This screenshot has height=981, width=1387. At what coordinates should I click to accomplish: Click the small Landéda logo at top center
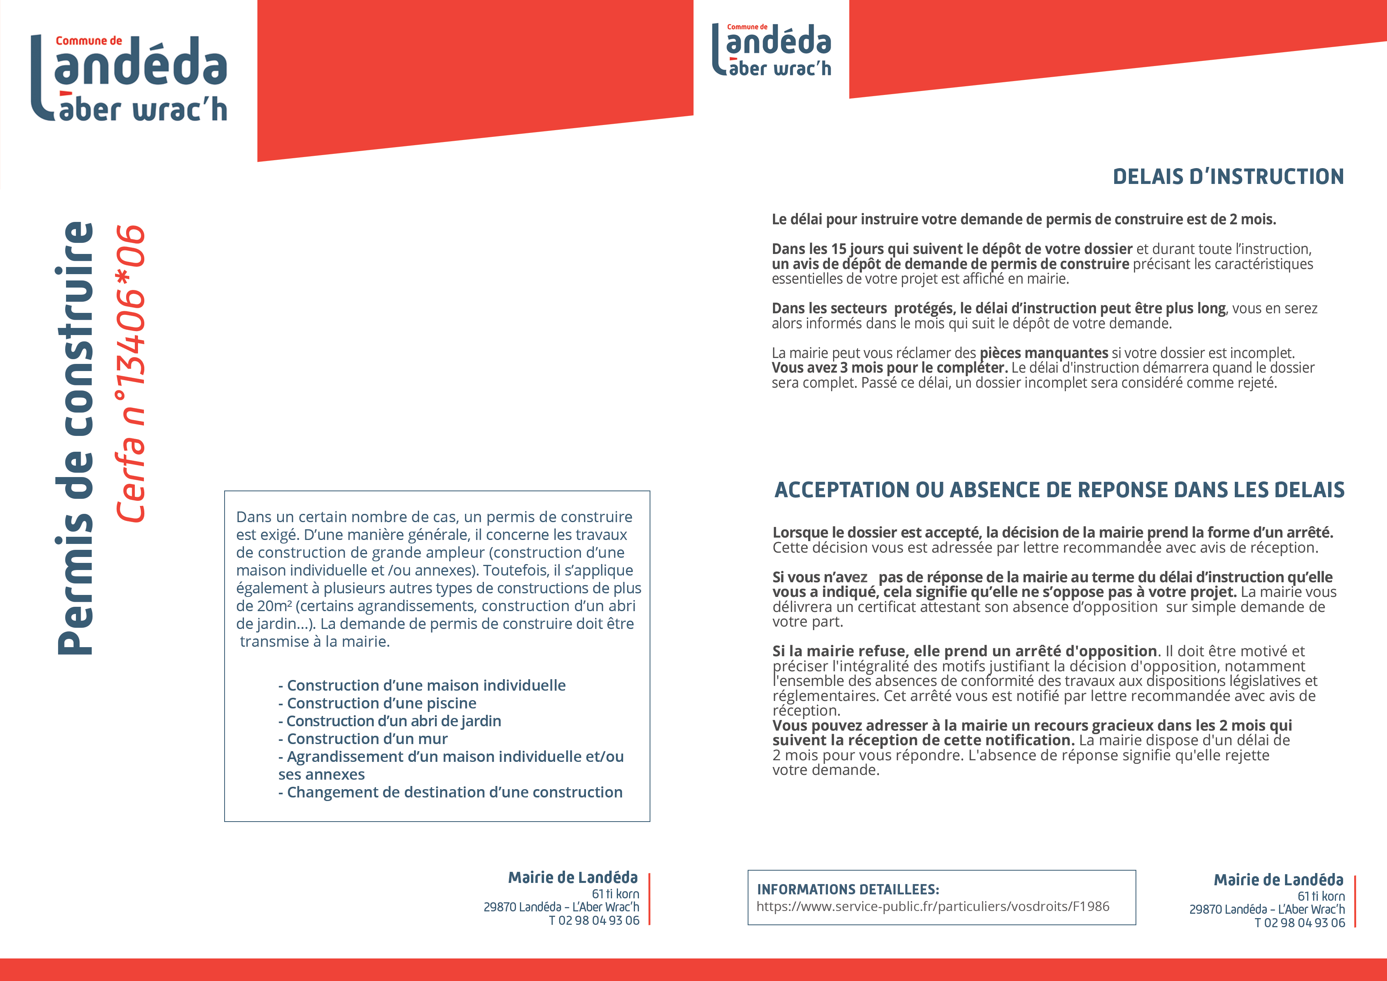click(x=772, y=50)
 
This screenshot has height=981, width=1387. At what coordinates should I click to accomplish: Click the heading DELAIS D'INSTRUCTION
click(x=1228, y=176)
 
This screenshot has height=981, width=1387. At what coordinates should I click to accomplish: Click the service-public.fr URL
click(x=933, y=906)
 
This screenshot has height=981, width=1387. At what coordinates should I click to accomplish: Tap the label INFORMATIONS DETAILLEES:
click(x=848, y=889)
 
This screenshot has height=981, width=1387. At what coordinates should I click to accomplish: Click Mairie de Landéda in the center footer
click(x=572, y=878)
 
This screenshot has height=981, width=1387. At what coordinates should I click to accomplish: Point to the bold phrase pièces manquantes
click(x=1043, y=353)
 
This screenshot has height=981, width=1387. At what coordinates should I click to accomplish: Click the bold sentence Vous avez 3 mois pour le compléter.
click(x=889, y=367)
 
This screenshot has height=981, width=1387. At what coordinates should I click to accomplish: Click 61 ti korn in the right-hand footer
click(x=1321, y=896)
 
